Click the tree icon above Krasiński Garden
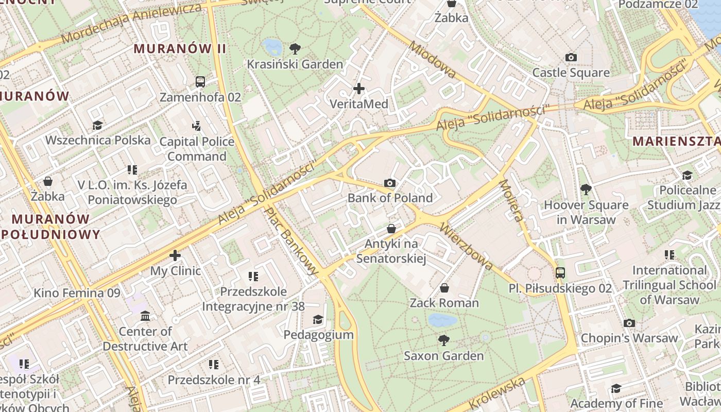295,49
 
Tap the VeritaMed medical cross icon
359,89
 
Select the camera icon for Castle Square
571,57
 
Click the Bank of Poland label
390,198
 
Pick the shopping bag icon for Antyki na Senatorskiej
391,228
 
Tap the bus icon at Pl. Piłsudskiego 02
560,272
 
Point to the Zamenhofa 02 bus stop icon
200,81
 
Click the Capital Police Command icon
196,126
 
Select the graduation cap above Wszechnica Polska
97,125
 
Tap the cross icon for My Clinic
175,255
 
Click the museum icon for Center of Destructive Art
145,316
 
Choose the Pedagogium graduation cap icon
318,319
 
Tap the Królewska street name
497,393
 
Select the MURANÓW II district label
180,49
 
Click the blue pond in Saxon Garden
442,320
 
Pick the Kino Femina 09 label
77,293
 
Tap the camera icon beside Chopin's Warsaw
629,323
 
